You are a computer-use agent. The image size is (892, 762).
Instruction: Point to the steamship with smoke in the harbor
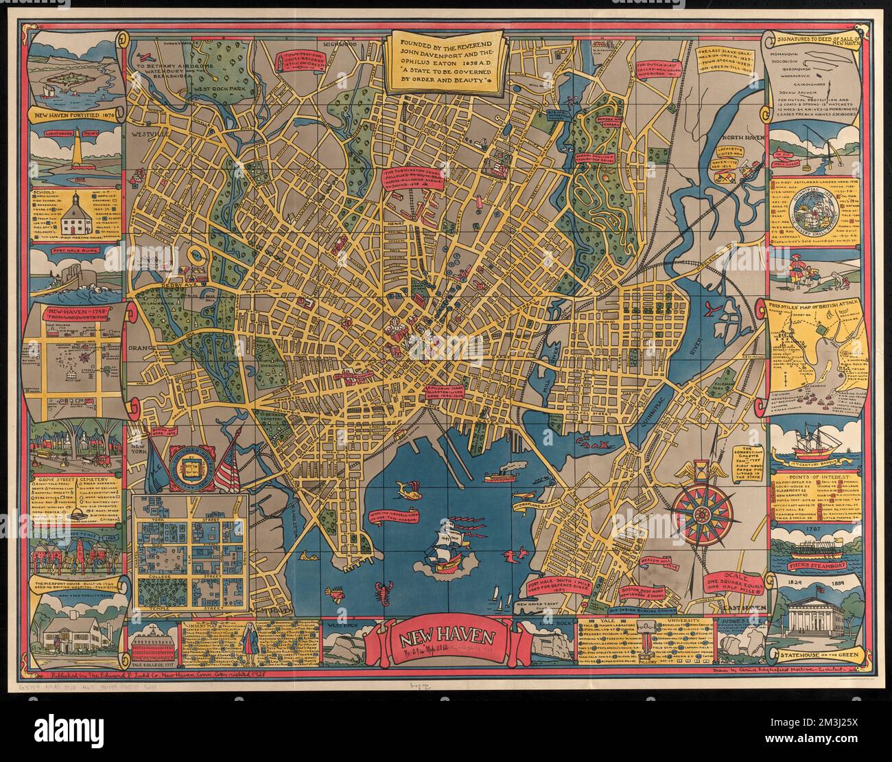(x=500, y=474)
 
